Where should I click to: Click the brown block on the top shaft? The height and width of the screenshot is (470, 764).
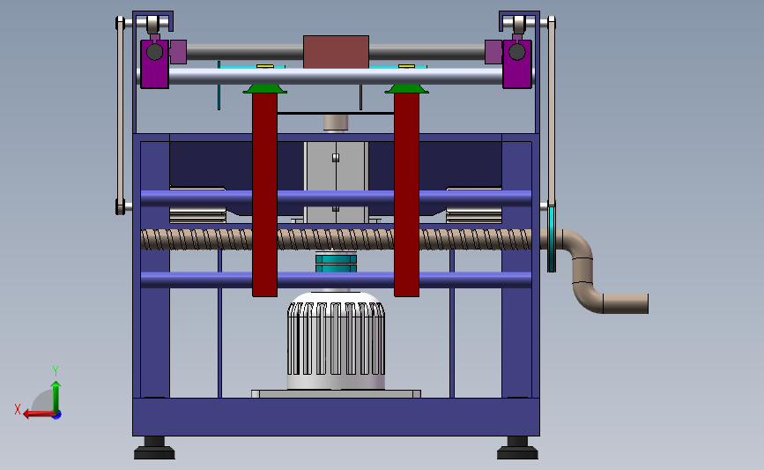pyautogui.click(x=336, y=52)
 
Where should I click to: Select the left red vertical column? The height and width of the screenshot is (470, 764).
pyautogui.click(x=264, y=194)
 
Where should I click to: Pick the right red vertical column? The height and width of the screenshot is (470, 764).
pyautogui.click(x=406, y=194)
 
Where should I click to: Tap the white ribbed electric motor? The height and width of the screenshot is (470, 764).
pyautogui.click(x=336, y=340)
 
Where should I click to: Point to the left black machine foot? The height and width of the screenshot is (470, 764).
pyautogui.click(x=154, y=448)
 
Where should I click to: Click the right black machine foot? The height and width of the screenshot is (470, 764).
pyautogui.click(x=517, y=448)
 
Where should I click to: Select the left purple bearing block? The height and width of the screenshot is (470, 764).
pyautogui.click(x=154, y=63)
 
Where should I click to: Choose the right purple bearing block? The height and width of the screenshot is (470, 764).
pyautogui.click(x=517, y=63)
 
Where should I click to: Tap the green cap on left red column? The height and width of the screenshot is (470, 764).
pyautogui.click(x=264, y=88)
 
